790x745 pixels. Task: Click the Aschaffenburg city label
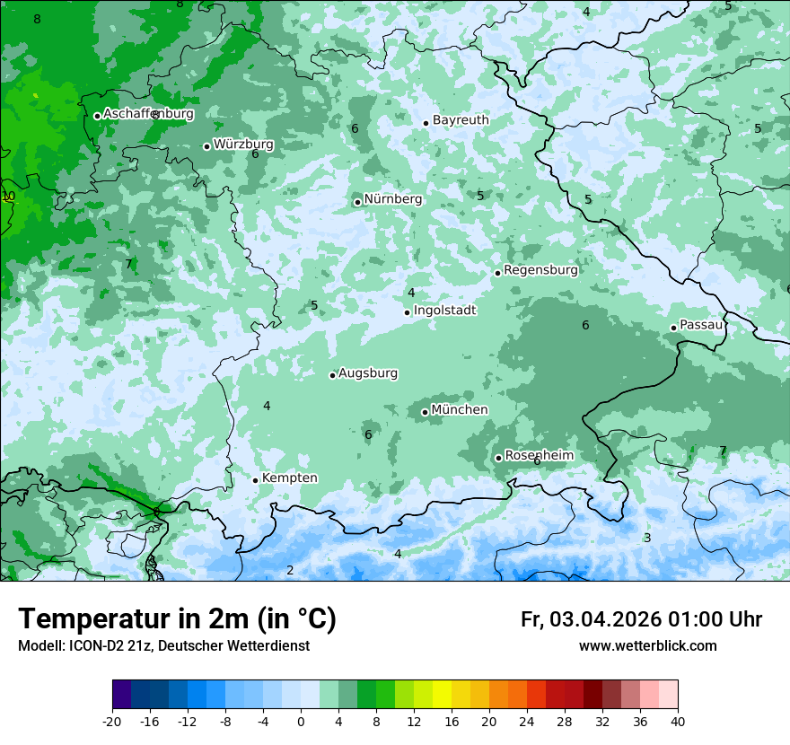point(148,114)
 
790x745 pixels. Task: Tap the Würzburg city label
point(243,144)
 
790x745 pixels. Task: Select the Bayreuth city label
point(461,120)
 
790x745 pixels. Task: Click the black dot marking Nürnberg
point(357,202)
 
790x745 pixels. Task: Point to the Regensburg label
point(540,270)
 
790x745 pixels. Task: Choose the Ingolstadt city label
point(444,311)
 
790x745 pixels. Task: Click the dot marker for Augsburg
point(332,375)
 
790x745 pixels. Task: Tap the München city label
point(460,410)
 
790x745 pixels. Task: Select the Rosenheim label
point(539,456)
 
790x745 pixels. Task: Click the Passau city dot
point(673,328)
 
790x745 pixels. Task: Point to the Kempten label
point(289,478)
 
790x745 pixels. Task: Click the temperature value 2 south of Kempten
point(290,571)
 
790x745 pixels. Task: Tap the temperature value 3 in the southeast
point(647,539)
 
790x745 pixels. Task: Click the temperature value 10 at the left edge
point(8,196)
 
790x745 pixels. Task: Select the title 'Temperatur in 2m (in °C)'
point(177,619)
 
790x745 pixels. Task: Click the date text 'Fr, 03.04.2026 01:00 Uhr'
point(641,619)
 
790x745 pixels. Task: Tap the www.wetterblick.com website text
point(647,646)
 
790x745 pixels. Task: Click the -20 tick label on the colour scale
point(112,722)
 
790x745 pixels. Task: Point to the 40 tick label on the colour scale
point(677,722)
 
